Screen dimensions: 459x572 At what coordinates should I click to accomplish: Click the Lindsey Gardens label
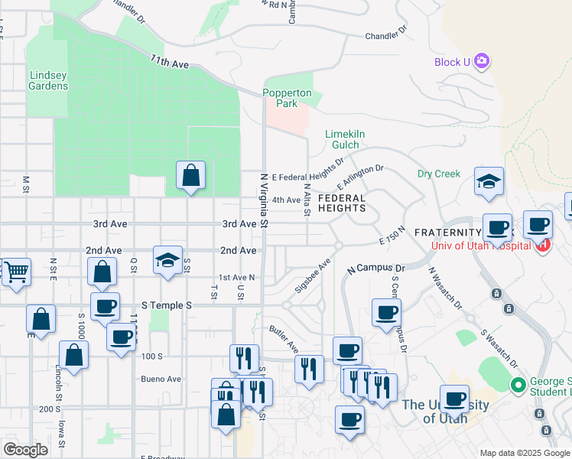point(48,80)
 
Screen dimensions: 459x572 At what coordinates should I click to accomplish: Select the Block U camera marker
point(481,61)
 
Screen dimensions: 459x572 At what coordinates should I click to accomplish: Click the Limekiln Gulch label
point(346,139)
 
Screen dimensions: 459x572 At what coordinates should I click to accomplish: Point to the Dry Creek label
point(439,174)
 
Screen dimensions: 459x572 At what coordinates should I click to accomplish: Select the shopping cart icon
point(16,271)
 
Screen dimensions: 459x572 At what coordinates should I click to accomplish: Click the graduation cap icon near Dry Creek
point(489,181)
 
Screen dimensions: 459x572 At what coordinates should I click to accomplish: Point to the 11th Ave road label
point(170,62)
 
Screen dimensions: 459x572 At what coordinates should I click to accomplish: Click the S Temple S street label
point(162,305)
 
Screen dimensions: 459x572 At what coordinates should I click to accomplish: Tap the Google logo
point(25,450)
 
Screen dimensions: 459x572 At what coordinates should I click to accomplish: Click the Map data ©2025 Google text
point(525,453)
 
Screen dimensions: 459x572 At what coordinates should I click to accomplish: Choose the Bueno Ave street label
point(161,379)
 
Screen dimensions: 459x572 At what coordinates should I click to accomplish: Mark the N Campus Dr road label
point(375,269)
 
